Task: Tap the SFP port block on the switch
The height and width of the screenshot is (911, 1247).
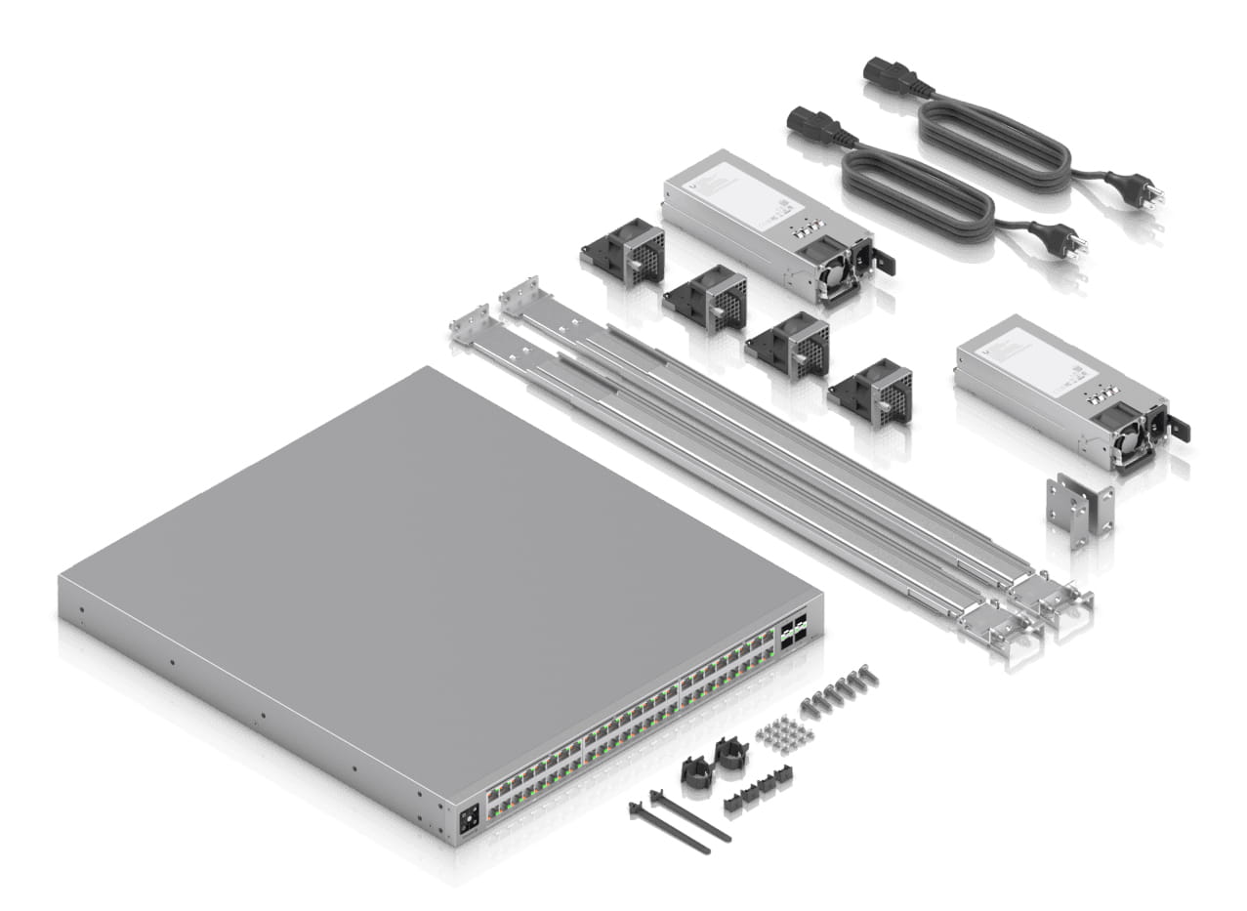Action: click(793, 628)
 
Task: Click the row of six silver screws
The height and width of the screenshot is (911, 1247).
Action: click(837, 691)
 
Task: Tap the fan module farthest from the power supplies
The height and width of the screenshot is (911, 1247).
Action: click(624, 251)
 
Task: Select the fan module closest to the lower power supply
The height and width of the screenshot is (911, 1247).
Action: click(871, 392)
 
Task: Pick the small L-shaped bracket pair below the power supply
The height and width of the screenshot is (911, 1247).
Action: click(1078, 507)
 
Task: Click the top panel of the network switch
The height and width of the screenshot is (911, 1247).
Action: click(439, 547)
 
